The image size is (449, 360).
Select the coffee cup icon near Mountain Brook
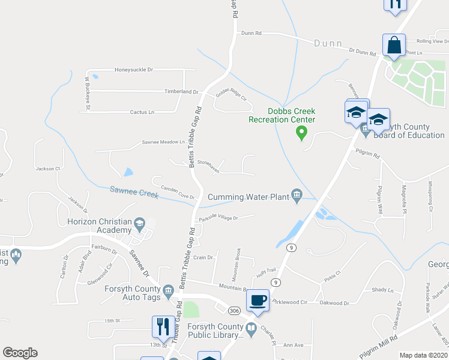[258, 300]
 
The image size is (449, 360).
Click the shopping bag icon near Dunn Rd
[394, 45]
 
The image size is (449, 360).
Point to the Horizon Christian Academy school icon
[140, 223]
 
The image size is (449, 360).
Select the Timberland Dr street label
[181, 92]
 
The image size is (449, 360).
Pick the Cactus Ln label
[142, 112]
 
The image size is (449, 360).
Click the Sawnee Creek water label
[134, 191]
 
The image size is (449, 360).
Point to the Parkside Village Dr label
[218, 218]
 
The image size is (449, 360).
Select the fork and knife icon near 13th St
[163, 327]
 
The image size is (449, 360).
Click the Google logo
[20, 353]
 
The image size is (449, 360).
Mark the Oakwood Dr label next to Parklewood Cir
[334, 304]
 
